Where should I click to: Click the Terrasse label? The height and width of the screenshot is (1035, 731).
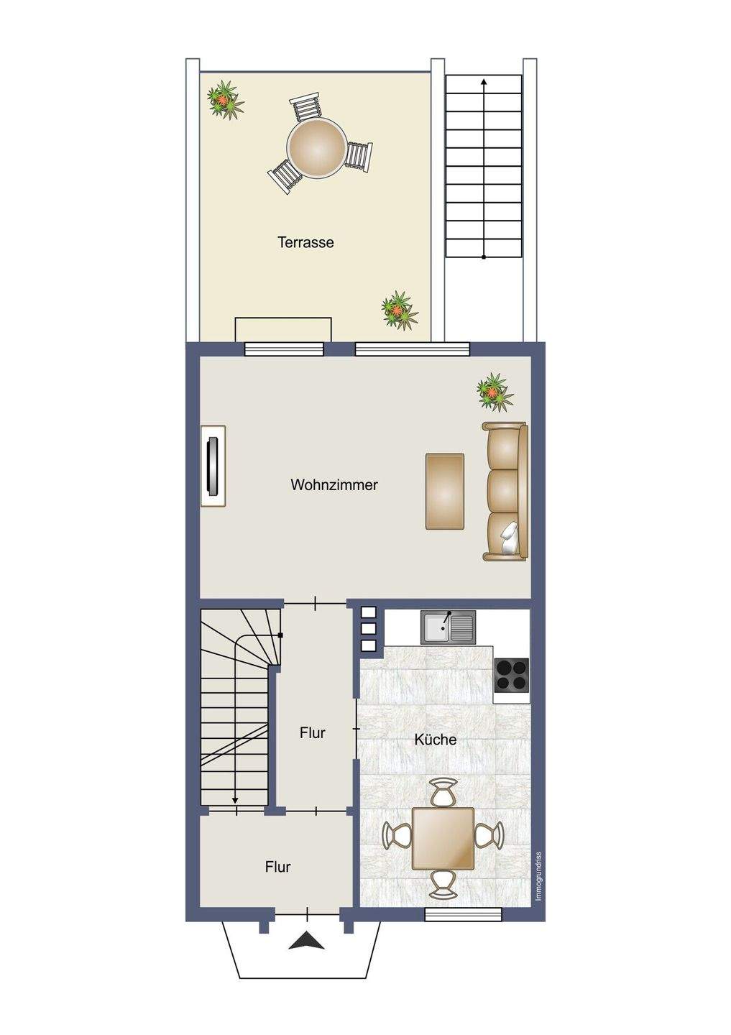(305, 242)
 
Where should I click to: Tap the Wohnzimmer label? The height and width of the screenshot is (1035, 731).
(334, 484)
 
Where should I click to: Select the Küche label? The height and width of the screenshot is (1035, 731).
(436, 740)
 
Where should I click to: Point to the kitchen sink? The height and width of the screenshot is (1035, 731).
(448, 627)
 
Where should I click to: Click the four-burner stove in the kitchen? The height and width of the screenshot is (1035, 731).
(512, 675)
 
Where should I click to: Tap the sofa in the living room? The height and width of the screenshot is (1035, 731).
(505, 491)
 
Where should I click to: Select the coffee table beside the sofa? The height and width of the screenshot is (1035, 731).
(444, 491)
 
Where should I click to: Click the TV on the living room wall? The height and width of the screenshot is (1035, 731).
(213, 466)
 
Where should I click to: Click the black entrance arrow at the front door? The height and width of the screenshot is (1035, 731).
(307, 952)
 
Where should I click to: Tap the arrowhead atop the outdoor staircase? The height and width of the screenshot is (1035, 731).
(484, 82)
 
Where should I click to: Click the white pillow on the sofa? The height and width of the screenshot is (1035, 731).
(510, 538)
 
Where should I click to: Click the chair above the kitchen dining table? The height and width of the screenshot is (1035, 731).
(443, 792)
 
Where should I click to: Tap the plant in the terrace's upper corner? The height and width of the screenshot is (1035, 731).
(225, 100)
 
